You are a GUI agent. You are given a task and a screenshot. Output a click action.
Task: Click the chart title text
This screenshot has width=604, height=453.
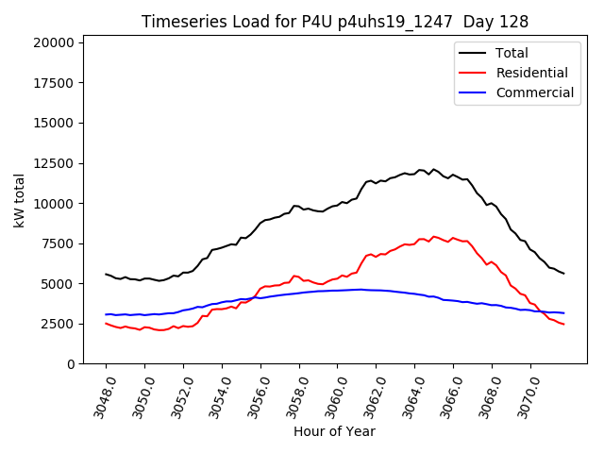click(335, 22)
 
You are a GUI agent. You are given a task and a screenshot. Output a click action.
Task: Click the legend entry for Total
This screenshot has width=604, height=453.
click(512, 53)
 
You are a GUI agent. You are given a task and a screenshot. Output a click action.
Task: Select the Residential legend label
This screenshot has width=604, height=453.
click(531, 73)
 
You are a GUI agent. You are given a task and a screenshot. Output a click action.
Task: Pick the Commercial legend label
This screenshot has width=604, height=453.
click(534, 92)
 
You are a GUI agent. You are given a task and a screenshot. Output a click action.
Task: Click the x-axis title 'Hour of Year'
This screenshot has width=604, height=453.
click(334, 431)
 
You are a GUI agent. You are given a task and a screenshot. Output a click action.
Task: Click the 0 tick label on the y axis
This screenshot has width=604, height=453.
click(70, 364)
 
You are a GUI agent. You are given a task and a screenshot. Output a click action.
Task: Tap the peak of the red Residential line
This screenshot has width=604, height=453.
click(434, 236)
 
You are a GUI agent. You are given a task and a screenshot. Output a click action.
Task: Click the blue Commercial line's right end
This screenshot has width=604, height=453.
click(563, 312)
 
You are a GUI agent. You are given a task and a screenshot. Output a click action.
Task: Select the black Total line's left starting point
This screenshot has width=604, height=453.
click(106, 274)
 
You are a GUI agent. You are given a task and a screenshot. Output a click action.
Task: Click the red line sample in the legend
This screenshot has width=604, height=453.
click(473, 73)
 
